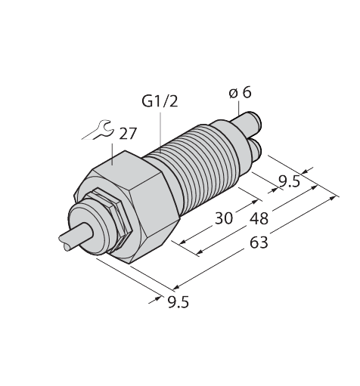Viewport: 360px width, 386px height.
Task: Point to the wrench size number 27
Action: point(128,134)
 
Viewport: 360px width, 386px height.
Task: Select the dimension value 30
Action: point(223,219)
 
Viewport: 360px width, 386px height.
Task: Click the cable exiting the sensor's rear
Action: point(67,241)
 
